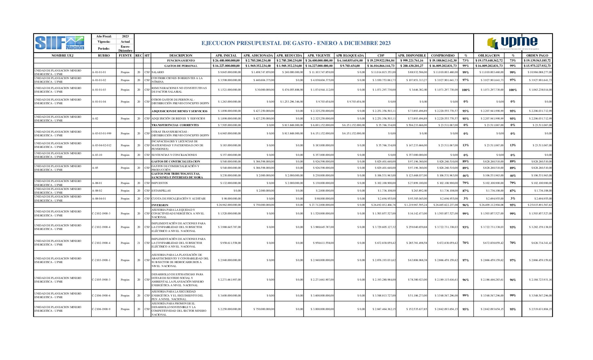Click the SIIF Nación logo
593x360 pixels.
60,43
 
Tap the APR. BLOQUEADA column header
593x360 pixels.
350,56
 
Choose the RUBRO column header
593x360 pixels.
104,56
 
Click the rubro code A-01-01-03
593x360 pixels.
99,90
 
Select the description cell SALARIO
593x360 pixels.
158,72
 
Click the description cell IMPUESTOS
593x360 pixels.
160,183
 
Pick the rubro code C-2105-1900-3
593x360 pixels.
101,280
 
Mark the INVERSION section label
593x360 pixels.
160,205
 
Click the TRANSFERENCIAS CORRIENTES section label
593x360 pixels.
175,125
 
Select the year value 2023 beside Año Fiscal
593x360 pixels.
125,36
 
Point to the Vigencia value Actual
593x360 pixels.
125,42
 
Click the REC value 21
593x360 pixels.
139,243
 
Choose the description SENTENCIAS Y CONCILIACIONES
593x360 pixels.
174,155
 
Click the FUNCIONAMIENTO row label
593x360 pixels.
181,61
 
